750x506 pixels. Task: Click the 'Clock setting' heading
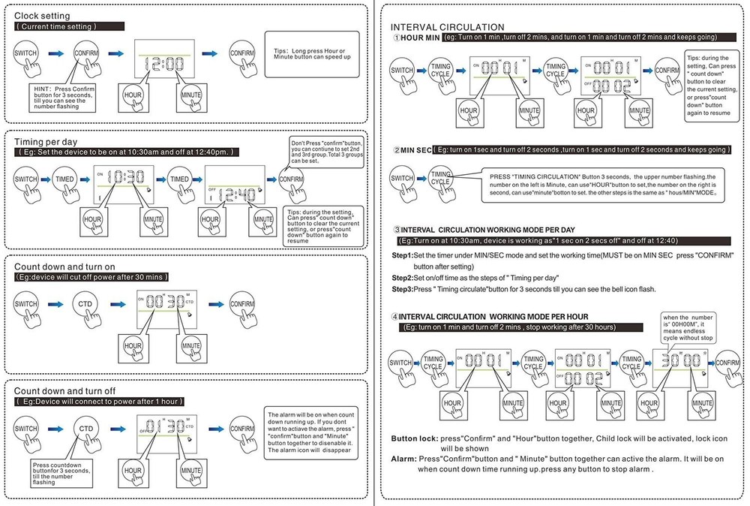pos(42,15)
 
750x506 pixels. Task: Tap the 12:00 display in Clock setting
pos(164,65)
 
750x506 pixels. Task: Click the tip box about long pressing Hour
pos(311,54)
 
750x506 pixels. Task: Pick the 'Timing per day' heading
pos(45,141)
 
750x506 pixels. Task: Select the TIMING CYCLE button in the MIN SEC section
pos(441,178)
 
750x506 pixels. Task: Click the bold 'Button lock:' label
pos(415,438)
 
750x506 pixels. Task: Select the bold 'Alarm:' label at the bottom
pos(403,458)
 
